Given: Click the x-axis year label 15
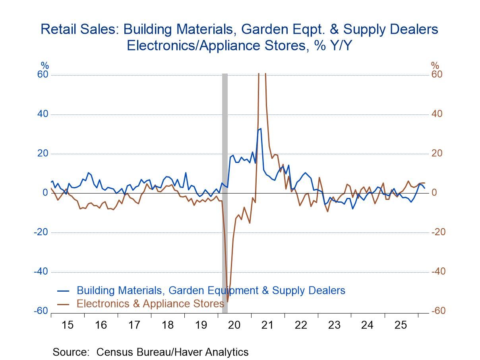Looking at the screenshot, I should (68, 325).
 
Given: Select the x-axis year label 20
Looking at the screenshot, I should (234, 325).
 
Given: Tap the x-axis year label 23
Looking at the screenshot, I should (334, 325).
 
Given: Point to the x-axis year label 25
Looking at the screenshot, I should (401, 325).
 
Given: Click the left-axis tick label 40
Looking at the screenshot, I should (42, 114).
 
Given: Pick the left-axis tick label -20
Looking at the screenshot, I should (40, 232).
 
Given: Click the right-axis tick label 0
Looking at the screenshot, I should (434, 193).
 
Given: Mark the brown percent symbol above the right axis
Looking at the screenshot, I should (435, 66).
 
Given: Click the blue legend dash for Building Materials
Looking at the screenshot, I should (63, 290).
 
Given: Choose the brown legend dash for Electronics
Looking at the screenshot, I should (63, 304).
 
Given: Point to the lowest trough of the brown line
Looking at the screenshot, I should (228, 302).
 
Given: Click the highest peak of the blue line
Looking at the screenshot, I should (260, 128).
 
